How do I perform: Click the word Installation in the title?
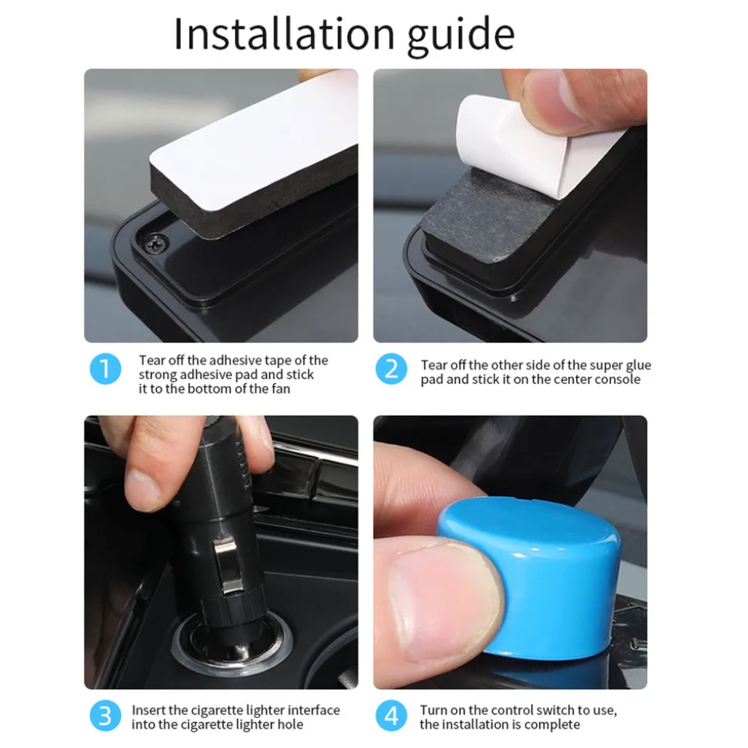284,34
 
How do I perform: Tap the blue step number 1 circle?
105,369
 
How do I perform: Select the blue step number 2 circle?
391,369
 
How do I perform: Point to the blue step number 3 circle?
105,716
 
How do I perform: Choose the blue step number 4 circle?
391,716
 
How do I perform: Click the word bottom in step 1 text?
212,389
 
